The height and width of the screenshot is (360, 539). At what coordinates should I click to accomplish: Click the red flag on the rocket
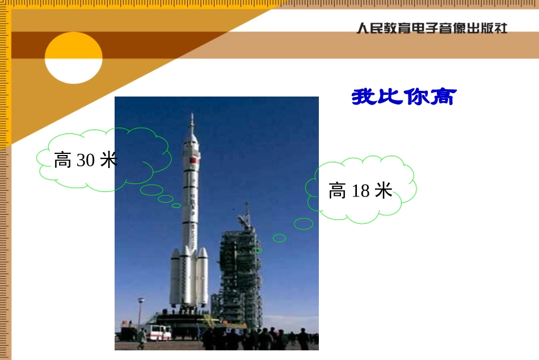[x=192, y=160]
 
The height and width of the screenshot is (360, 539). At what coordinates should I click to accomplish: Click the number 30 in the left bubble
[x=85, y=161]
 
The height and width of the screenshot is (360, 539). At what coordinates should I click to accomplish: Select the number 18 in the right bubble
[x=360, y=191]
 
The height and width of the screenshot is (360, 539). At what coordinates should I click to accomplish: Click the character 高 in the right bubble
[x=337, y=191]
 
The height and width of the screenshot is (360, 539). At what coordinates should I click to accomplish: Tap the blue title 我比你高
[x=403, y=97]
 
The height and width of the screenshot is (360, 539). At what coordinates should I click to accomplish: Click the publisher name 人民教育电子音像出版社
[x=431, y=28]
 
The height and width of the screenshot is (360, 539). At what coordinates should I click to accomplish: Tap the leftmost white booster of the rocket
[x=175, y=278]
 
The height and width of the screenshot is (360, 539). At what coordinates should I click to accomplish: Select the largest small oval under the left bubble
[x=151, y=190]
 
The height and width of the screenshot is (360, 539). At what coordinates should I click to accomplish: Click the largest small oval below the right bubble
[x=304, y=224]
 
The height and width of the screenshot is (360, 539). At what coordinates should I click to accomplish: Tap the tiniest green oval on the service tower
[x=258, y=250]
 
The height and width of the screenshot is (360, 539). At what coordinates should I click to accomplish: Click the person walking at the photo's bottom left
[x=141, y=340]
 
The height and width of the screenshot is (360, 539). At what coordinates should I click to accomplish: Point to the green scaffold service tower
[x=241, y=278]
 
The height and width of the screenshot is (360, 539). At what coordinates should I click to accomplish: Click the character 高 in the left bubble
[x=62, y=161]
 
